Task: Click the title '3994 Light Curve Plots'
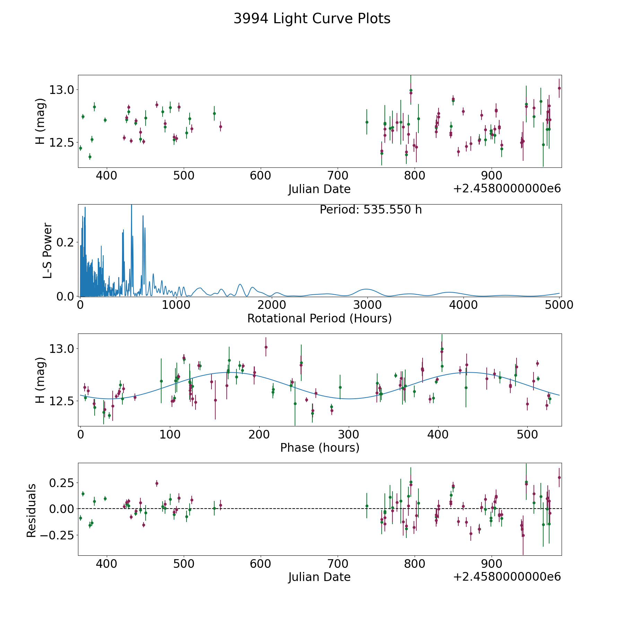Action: pyautogui.click(x=312, y=19)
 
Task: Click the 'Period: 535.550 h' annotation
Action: pyautogui.click(x=371, y=210)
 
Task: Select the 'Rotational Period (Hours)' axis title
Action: pyautogui.click(x=319, y=318)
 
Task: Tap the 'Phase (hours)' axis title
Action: pyautogui.click(x=320, y=448)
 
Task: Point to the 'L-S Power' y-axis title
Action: pyautogui.click(x=47, y=251)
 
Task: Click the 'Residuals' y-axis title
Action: pyautogui.click(x=32, y=511)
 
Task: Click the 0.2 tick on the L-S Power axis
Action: pyautogui.click(x=66, y=242)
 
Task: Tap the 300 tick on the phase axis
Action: pyautogui.click(x=348, y=434)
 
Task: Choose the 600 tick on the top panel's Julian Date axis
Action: pyautogui.click(x=260, y=176)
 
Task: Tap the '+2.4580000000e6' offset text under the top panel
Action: pyautogui.click(x=507, y=189)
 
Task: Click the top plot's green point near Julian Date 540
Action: pyautogui.click(x=214, y=113)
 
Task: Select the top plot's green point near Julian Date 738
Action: pyautogui.click(x=367, y=122)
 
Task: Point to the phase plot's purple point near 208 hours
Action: pyautogui.click(x=266, y=347)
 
